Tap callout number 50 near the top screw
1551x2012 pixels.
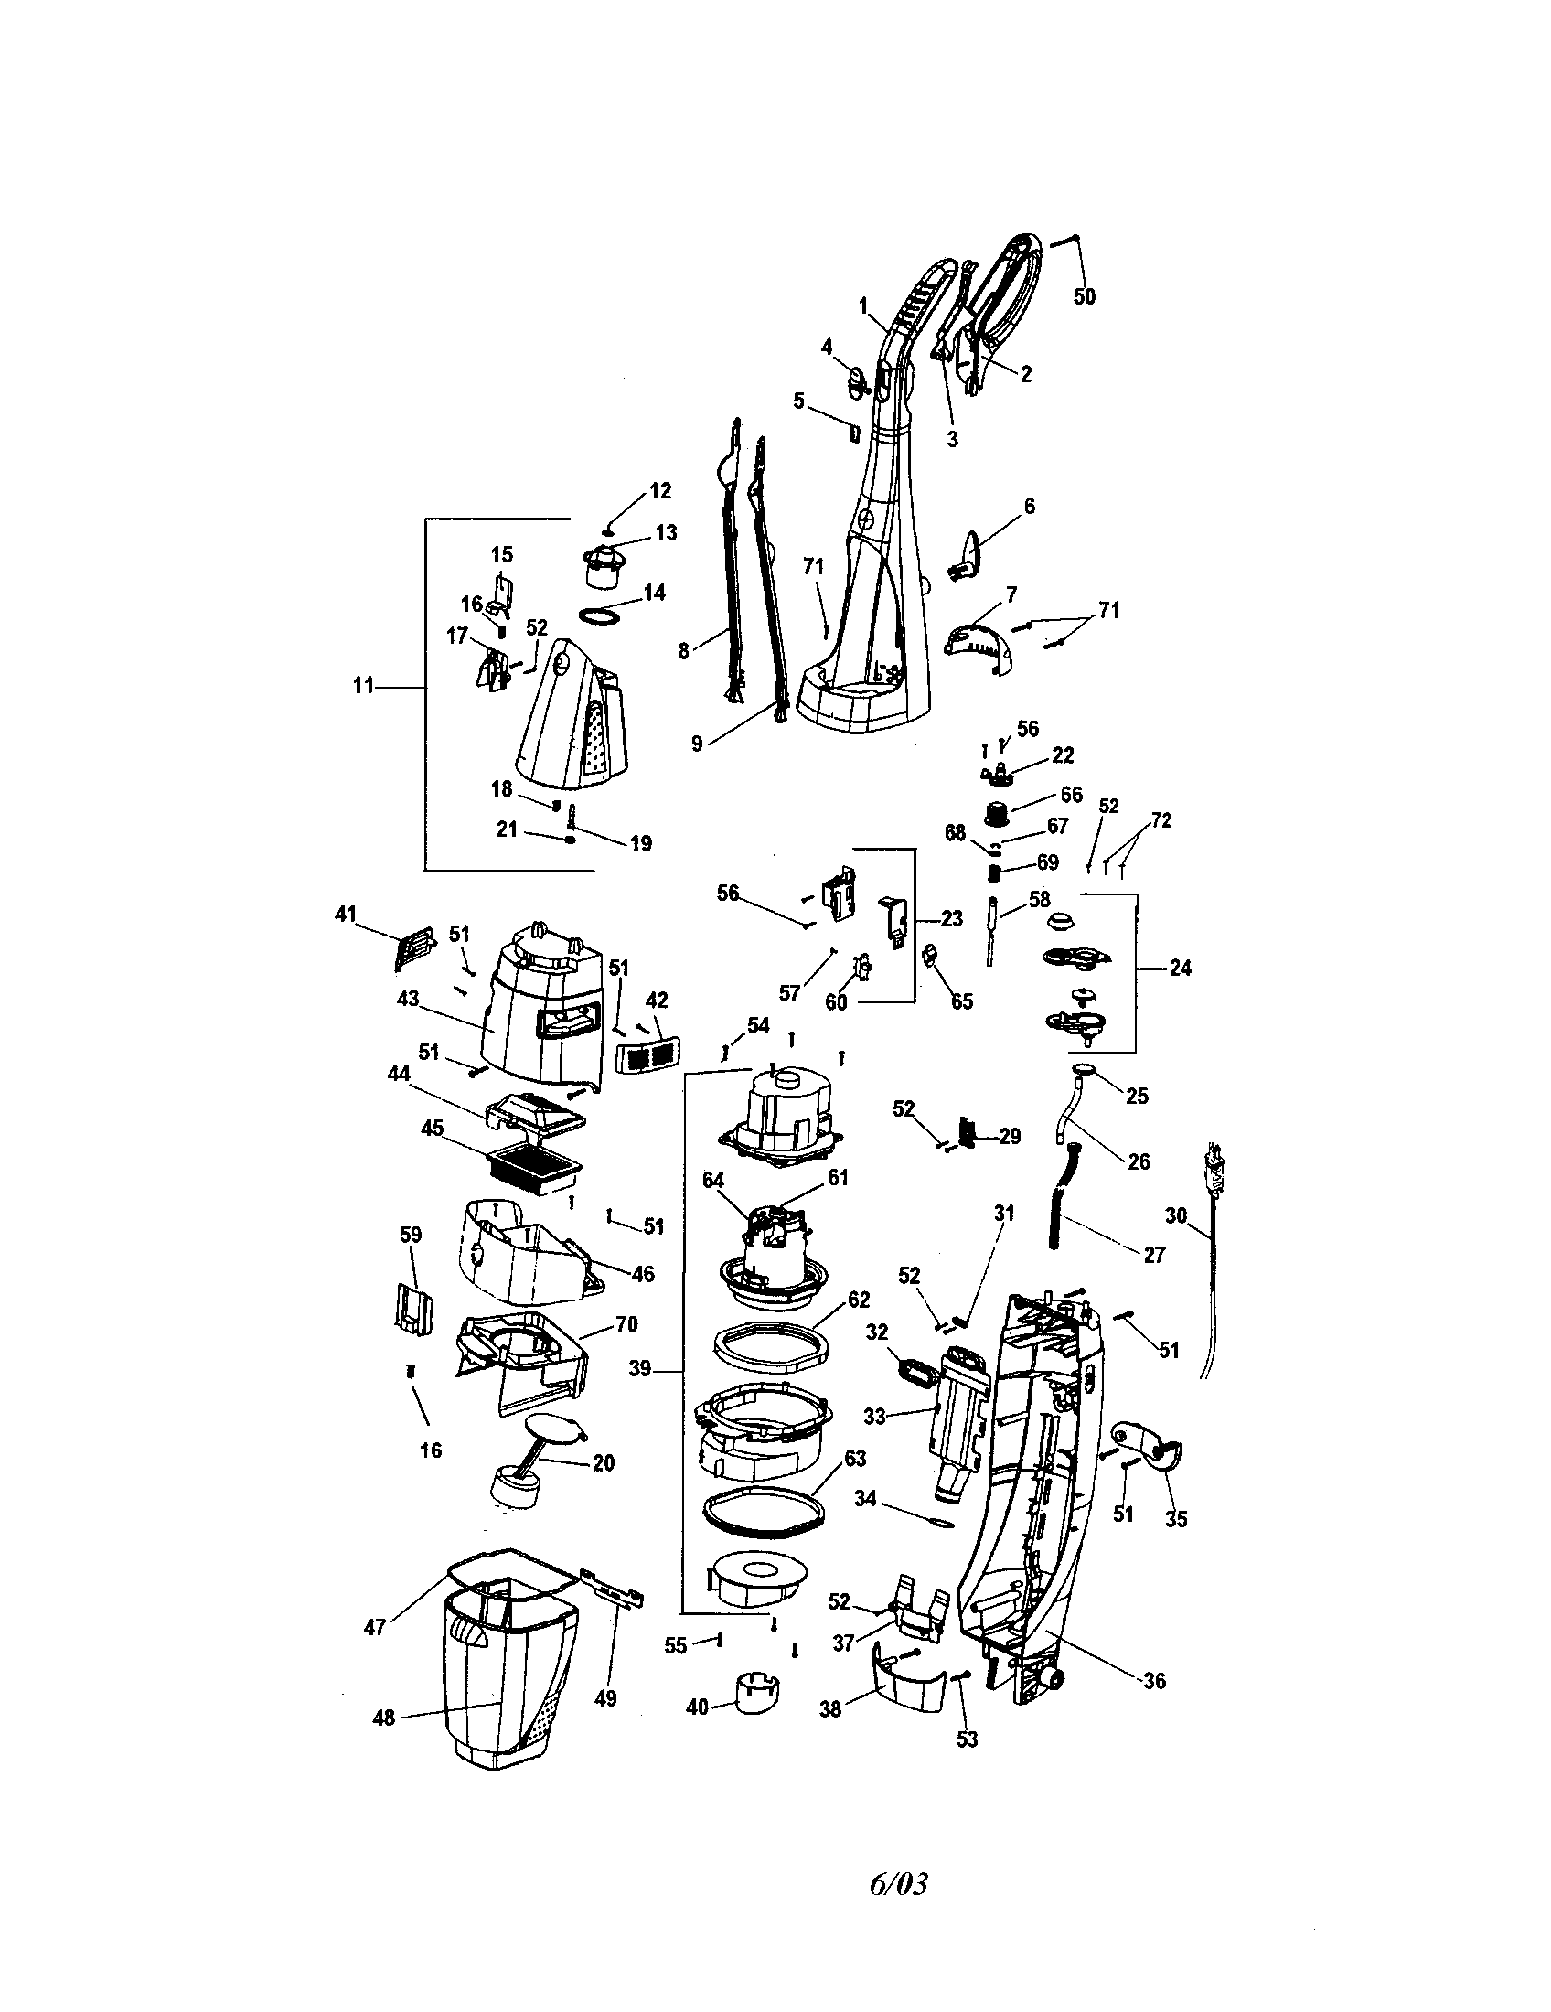pyautogui.click(x=1085, y=296)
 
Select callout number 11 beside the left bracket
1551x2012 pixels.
pyautogui.click(x=364, y=685)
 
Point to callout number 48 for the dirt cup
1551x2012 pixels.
pyautogui.click(x=383, y=1718)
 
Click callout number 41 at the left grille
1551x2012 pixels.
pyautogui.click(x=345, y=915)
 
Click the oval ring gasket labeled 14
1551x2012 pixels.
pyautogui.click(x=600, y=615)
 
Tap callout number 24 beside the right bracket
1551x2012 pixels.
pyautogui.click(x=1180, y=968)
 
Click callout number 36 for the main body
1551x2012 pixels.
pyautogui.click(x=1154, y=1680)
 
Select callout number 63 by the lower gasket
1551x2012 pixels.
pyautogui.click(x=856, y=1459)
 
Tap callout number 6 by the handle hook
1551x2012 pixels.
pyautogui.click(x=1029, y=505)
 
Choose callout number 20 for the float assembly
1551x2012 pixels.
pyautogui.click(x=604, y=1463)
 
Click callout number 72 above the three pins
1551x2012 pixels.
pyautogui.click(x=1161, y=820)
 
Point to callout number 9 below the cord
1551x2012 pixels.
pyautogui.click(x=697, y=744)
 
